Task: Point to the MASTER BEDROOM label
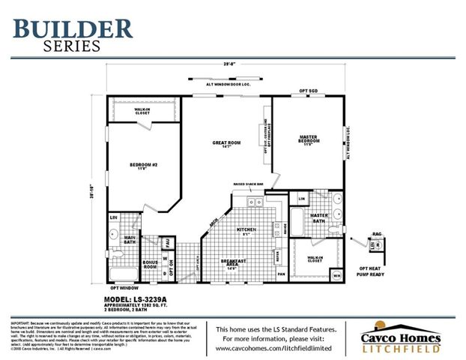[308, 139]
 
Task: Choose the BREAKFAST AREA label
[233, 262]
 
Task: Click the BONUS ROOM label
[150, 265]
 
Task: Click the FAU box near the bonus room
[168, 242]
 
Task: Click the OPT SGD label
[309, 91]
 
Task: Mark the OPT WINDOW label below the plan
[124, 288]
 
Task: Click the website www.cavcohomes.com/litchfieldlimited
[280, 349]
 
